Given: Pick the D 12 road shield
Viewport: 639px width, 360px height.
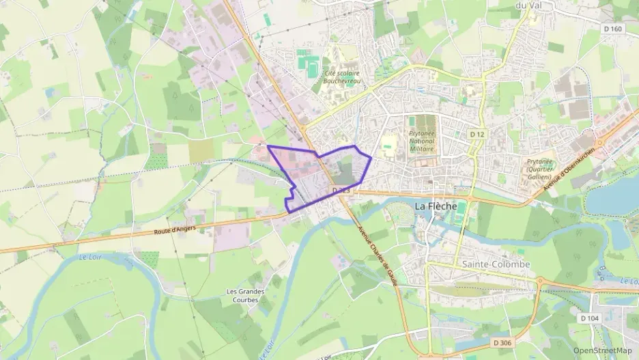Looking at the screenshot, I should point(477,135).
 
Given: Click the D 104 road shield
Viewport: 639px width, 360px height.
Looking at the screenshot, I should point(591,318).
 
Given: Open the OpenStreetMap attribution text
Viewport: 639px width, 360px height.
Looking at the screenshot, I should point(603,350).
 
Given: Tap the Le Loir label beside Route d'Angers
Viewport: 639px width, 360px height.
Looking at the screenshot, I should point(89,258).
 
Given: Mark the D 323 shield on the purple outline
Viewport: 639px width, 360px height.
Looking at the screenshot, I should point(341,191).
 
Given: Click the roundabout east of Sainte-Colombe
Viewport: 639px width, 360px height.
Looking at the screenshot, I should point(539,281).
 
